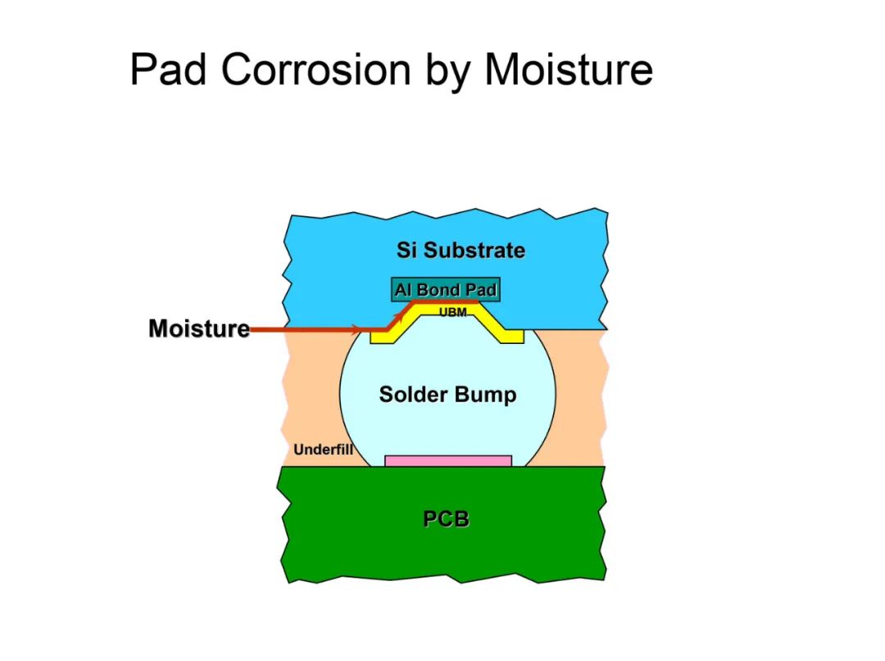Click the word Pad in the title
[168, 70]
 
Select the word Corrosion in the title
[316, 70]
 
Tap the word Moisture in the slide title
[569, 70]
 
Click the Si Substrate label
[461, 250]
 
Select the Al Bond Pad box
[445, 289]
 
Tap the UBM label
[452, 312]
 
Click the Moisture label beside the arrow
[198, 328]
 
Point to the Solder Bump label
[447, 394]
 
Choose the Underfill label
[323, 450]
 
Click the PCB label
[446, 518]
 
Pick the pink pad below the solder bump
[448, 461]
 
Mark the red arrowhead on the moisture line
[354, 328]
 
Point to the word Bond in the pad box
[438, 290]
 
